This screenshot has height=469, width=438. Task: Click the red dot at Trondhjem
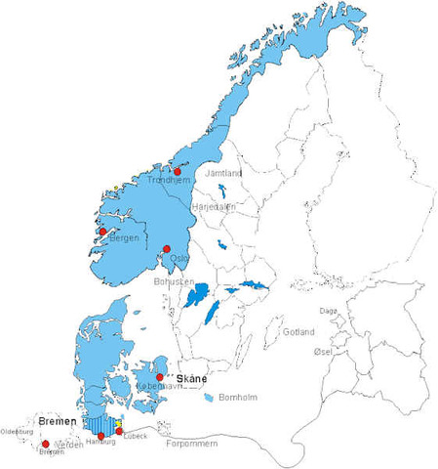click(178, 171)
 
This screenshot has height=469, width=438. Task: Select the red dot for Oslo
click(168, 248)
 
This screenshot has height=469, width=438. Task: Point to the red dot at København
click(159, 377)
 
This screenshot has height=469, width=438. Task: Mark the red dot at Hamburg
click(100, 436)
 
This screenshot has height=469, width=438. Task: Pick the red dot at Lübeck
click(119, 431)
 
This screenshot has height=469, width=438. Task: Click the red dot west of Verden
click(46, 445)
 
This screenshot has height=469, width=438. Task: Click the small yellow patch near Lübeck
click(119, 424)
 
